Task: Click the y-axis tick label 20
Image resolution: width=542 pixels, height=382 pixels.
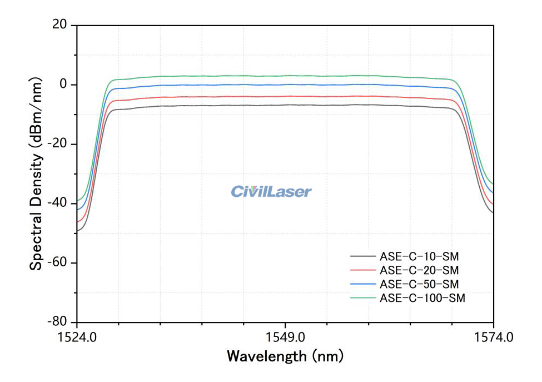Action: [x=59, y=25]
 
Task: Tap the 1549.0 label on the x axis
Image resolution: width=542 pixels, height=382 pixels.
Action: [x=285, y=337]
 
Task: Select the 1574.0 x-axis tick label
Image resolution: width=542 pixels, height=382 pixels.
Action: [x=493, y=337]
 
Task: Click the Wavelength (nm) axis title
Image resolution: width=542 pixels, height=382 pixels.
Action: [x=285, y=356]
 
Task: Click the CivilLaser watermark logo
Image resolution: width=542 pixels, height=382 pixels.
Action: [x=271, y=192]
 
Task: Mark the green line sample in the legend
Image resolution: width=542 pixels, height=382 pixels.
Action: [x=363, y=298]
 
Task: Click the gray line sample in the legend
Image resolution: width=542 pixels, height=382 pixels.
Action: [x=363, y=256]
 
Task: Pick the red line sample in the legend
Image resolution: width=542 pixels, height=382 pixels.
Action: [x=363, y=270]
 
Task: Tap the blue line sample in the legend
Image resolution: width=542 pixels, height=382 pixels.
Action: [x=363, y=284]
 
